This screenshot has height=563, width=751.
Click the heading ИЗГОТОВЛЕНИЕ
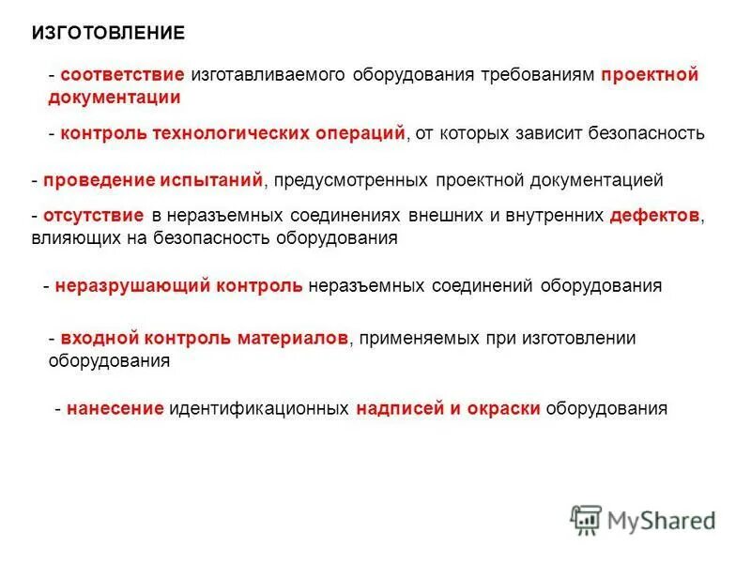[109, 33]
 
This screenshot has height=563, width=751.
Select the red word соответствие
[122, 75]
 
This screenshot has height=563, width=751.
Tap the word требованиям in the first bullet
[538, 75]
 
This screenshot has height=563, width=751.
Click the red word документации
[115, 97]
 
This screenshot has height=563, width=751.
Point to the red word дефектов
[654, 216]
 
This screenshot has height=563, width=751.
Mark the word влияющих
[68, 238]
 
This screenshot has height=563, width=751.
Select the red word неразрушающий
[132, 286]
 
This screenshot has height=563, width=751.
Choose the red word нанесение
[115, 408]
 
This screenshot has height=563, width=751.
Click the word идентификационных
[260, 408]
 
